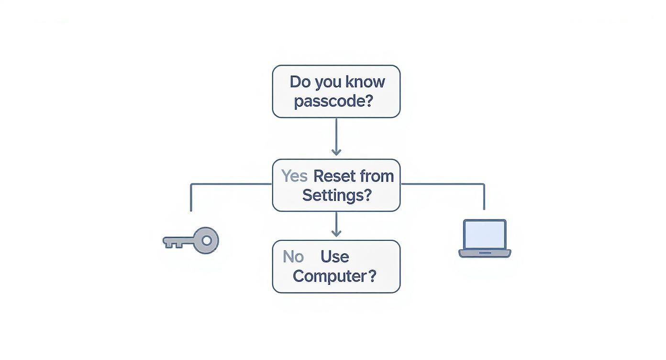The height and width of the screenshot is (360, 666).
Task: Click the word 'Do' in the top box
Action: pyautogui.click(x=300, y=82)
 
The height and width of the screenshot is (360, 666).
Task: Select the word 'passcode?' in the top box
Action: pyautogui.click(x=333, y=101)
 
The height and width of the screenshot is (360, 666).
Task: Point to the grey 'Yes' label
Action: pyautogui.click(x=294, y=176)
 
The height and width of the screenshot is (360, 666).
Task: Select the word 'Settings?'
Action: pyautogui.click(x=336, y=195)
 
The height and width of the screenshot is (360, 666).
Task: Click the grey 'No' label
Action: pyautogui.click(x=293, y=257)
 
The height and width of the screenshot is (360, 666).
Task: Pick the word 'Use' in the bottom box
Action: pyautogui.click(x=334, y=257)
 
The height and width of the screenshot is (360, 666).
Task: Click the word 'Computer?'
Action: pyautogui.click(x=334, y=276)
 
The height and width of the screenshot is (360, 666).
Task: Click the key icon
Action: pyautogui.click(x=191, y=240)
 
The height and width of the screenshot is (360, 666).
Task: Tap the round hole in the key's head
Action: pyautogui.click(x=207, y=240)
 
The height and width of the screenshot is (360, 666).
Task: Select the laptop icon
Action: pyautogui.click(x=485, y=238)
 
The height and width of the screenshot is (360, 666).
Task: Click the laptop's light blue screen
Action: pyautogui.click(x=485, y=235)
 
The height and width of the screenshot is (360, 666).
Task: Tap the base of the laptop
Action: pyautogui.click(x=485, y=253)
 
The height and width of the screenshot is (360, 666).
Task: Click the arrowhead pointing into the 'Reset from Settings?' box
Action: pyautogui.click(x=336, y=152)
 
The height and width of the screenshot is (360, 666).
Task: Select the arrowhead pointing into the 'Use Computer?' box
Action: pyautogui.click(x=336, y=233)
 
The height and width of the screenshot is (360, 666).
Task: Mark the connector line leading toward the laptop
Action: pyautogui.click(x=443, y=184)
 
